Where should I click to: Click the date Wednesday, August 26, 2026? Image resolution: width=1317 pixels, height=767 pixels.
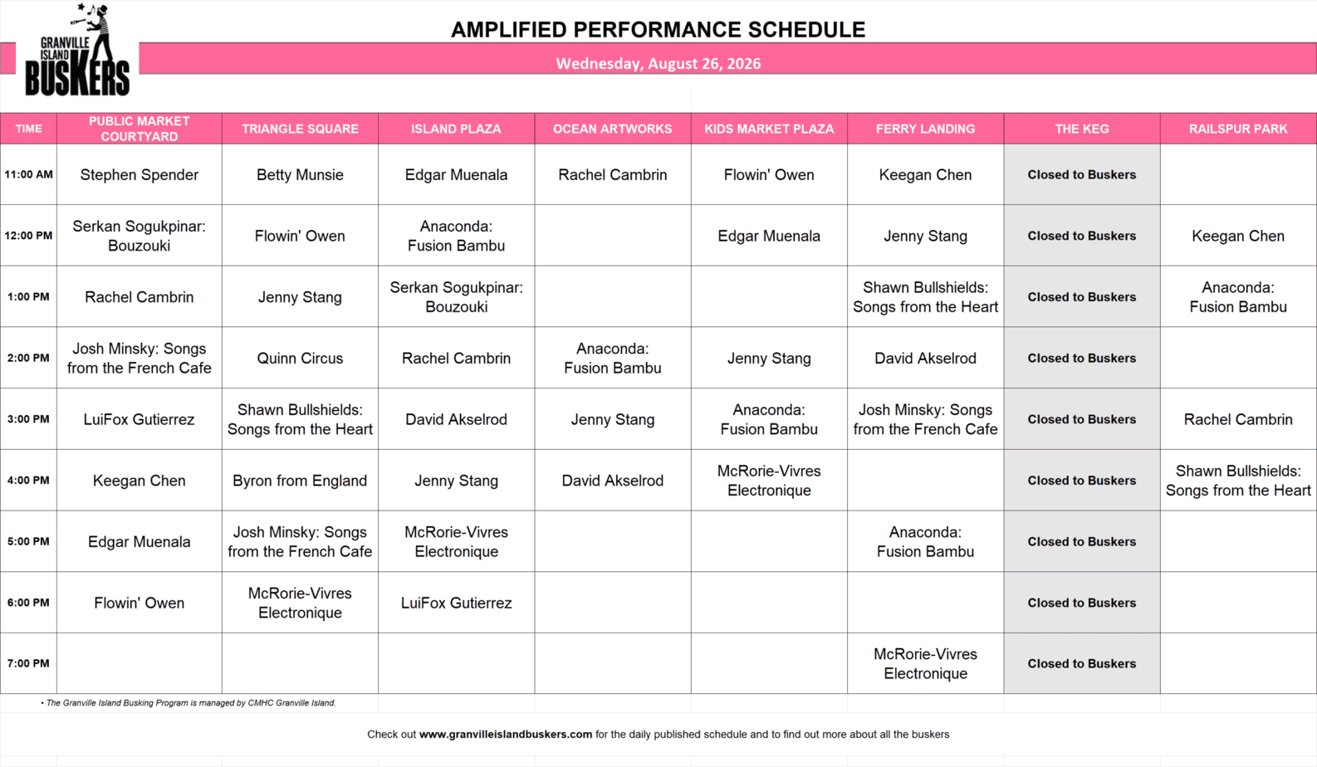658,63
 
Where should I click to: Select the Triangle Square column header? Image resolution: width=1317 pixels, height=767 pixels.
300,129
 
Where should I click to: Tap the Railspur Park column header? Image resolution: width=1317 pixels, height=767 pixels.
1238,129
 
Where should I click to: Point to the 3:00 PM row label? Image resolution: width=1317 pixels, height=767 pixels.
28,419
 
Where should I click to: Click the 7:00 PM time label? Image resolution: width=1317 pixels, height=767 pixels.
28,663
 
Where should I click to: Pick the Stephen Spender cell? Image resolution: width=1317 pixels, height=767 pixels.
140,174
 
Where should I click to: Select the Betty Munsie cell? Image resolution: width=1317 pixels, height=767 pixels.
300,174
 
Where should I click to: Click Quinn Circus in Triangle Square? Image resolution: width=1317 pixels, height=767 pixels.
300,358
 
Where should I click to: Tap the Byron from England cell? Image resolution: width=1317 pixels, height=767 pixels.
300,480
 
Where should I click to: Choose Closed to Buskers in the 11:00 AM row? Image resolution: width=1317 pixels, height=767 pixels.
1082,174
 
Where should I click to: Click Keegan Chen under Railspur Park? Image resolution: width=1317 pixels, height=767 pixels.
1238,236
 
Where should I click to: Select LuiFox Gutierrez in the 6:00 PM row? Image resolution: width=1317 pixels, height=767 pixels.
456,603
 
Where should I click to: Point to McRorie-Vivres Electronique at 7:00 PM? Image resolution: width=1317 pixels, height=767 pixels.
925,663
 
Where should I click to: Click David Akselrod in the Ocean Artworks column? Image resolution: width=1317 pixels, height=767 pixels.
613,480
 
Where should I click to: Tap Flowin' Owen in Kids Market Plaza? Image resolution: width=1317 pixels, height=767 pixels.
769,174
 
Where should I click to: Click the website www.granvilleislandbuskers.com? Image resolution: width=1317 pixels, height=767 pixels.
506,734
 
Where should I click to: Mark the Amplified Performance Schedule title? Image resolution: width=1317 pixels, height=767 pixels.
658,29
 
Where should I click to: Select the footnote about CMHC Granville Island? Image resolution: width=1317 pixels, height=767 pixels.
188,703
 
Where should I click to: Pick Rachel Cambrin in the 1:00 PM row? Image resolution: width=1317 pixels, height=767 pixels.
140,297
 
